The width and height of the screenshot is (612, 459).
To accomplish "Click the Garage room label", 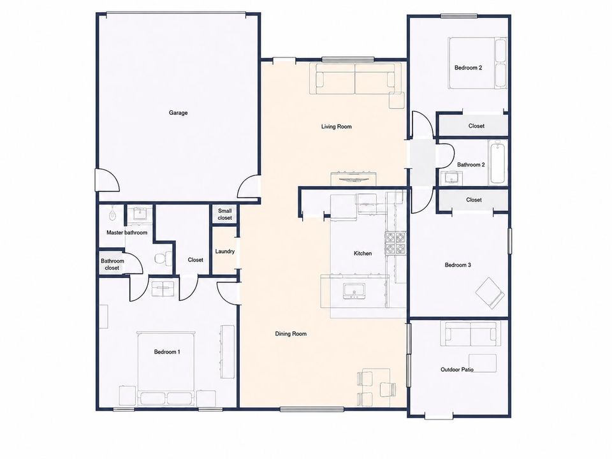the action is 178,113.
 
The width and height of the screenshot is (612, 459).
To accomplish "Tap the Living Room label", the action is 336,126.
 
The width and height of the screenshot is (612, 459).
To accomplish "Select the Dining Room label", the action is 291,333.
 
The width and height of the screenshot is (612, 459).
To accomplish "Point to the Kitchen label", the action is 363,253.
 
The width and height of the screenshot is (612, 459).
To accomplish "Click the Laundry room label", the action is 225,251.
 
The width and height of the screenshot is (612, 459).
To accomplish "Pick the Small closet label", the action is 225,214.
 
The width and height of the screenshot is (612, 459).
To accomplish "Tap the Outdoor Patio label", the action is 457,369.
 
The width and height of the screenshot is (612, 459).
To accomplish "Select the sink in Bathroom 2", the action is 451,178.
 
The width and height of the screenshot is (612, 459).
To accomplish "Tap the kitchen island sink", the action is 354,291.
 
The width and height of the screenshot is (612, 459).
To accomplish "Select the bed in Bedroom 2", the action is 477,63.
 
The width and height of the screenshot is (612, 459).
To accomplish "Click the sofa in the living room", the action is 355,78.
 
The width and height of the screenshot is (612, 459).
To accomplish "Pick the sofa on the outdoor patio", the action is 470,333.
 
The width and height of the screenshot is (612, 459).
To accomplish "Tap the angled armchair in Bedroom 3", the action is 490,293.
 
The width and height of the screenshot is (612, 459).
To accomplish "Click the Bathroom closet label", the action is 112,265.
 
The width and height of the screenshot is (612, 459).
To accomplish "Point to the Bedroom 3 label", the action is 458,265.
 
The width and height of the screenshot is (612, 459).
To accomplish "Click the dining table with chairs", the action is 376,388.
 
